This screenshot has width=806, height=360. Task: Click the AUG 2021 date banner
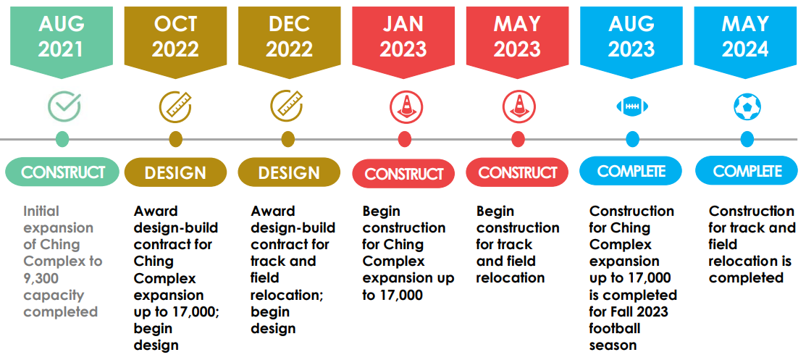(x=62, y=36)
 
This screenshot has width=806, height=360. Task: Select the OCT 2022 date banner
(x=175, y=36)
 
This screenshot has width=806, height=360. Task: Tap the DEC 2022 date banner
(x=289, y=36)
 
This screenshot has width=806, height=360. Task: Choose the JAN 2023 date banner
(x=403, y=36)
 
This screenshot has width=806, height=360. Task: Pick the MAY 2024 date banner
(x=745, y=36)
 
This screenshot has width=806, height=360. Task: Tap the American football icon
(x=631, y=106)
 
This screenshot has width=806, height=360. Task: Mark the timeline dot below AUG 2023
(x=632, y=139)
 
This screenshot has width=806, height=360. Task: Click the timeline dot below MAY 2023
(x=518, y=139)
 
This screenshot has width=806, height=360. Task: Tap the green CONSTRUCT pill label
(x=62, y=172)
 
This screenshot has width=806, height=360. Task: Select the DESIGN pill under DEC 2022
(x=289, y=173)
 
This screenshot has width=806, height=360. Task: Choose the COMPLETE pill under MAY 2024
(x=747, y=171)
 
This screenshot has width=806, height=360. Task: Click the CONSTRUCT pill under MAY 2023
(x=517, y=173)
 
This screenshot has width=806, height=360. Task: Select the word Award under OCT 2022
(x=156, y=212)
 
